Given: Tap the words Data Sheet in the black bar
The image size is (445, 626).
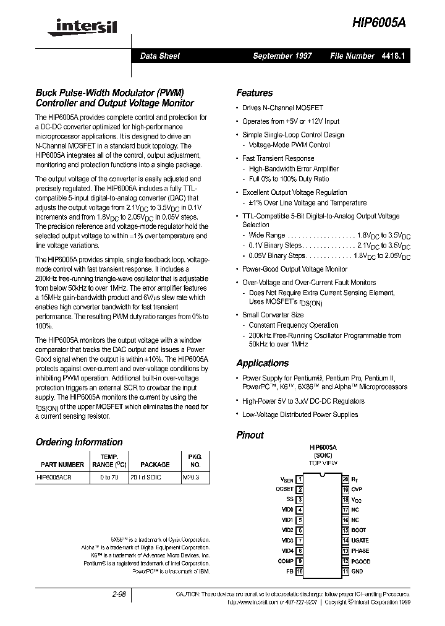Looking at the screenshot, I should coord(160,56).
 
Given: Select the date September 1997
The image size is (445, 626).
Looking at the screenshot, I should coord(282,56).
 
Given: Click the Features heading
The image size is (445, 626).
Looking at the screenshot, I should coord(255,93).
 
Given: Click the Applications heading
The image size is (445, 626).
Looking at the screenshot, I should coord(262,363).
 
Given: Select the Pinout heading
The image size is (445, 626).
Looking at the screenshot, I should coord(250,435).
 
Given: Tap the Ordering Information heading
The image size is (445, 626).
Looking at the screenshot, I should coord(79,442).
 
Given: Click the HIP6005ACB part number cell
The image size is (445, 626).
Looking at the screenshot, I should coord(54,478).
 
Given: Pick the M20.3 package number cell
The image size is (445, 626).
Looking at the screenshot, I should coord(191,478).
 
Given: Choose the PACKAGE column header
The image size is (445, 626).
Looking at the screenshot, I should coord(155,465).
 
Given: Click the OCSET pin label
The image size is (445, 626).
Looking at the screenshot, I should coord(284,489).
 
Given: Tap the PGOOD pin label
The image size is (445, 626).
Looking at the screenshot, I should coord(361,561).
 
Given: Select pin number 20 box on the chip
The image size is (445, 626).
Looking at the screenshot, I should coord(345,479).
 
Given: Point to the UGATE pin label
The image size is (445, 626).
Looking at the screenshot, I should coord(360,541).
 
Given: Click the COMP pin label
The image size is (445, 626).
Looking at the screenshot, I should coord(286,561).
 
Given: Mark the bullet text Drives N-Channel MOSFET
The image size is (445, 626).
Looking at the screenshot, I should coord(276,108).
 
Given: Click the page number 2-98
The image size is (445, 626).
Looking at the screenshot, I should coord(119,594).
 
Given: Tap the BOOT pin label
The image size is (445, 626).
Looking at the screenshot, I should coord(358,530).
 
